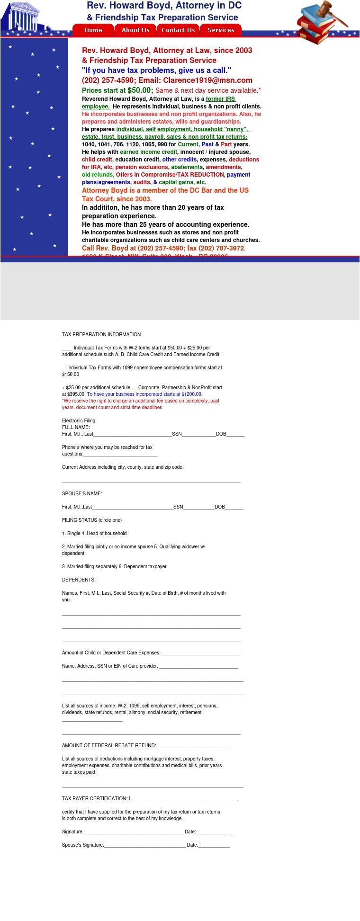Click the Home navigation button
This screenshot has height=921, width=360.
(93, 30)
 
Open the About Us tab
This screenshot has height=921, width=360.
(135, 30)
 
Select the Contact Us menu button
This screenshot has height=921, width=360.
(178, 30)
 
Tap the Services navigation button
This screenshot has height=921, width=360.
(221, 30)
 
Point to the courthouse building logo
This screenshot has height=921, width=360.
(21, 18)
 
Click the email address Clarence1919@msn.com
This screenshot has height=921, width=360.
(207, 80)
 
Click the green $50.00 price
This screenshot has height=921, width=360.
(140, 90)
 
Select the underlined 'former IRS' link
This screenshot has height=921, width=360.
(220, 99)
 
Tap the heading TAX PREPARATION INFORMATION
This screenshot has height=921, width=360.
(101, 335)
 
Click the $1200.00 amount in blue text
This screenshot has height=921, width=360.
(191, 394)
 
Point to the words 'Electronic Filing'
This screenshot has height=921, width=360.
(79, 421)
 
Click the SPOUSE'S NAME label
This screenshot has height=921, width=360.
(82, 494)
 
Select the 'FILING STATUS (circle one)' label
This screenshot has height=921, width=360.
(92, 520)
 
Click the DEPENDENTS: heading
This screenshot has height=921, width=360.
(79, 580)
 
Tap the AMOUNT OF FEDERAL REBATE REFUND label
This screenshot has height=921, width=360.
(108, 746)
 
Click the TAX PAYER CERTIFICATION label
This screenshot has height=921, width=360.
(95, 799)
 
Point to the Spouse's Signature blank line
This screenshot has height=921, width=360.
(144, 845)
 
